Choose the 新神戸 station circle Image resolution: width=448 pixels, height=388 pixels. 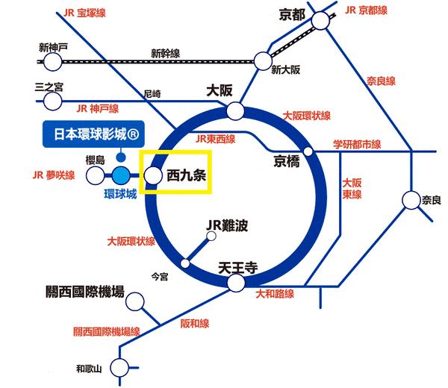[x=52, y=60]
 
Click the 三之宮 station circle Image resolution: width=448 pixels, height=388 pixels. [x=52, y=100]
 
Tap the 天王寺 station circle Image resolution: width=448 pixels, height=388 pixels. [x=236, y=284]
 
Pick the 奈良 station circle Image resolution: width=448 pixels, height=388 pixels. [x=412, y=200]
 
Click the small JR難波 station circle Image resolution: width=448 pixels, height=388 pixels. [x=211, y=237]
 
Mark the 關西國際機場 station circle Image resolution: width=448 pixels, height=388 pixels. [x=136, y=301]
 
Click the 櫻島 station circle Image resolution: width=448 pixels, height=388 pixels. [x=95, y=176]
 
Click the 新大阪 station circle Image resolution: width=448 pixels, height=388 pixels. [x=263, y=60]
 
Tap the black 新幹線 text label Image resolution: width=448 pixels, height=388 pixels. [x=166, y=53]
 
